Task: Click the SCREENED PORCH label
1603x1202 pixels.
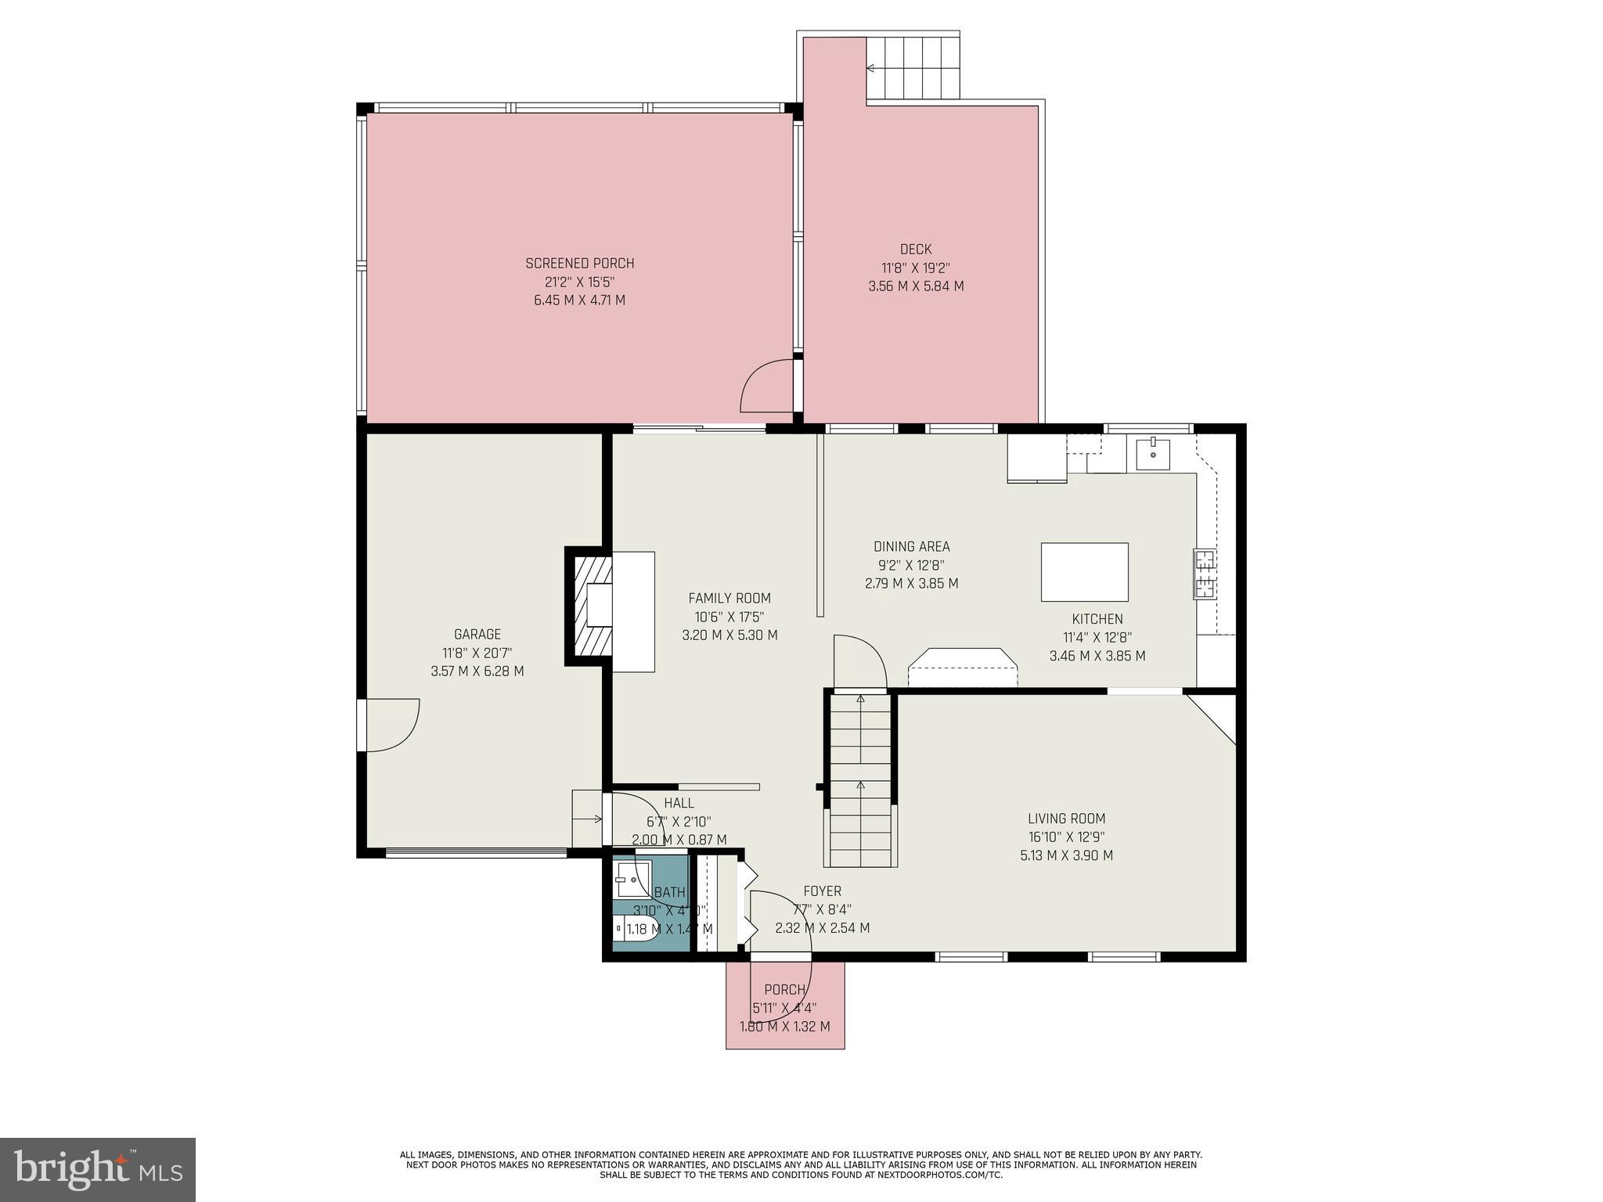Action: tap(579, 264)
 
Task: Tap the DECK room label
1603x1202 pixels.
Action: tap(915, 250)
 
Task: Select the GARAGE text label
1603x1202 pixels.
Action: tap(477, 635)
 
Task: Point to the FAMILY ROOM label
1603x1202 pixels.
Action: tap(729, 599)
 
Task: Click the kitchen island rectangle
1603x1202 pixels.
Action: tap(1084, 572)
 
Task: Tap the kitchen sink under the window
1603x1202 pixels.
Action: tap(1153, 454)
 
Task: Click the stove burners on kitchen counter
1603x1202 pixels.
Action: tap(1205, 574)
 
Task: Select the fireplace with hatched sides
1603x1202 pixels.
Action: tap(593, 606)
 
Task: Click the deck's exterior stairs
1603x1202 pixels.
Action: tap(913, 68)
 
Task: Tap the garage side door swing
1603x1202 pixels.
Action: tap(391, 725)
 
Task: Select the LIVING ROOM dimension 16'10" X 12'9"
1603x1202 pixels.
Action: tap(1066, 837)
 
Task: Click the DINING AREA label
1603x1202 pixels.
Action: tap(911, 547)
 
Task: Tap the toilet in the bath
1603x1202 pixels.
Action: tap(635, 929)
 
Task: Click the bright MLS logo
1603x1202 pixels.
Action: tap(98, 1169)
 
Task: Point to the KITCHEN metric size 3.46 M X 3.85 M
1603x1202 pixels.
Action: tap(1097, 656)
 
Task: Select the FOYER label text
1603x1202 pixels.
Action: tap(822, 891)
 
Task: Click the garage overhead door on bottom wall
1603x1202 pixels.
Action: tap(476, 853)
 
